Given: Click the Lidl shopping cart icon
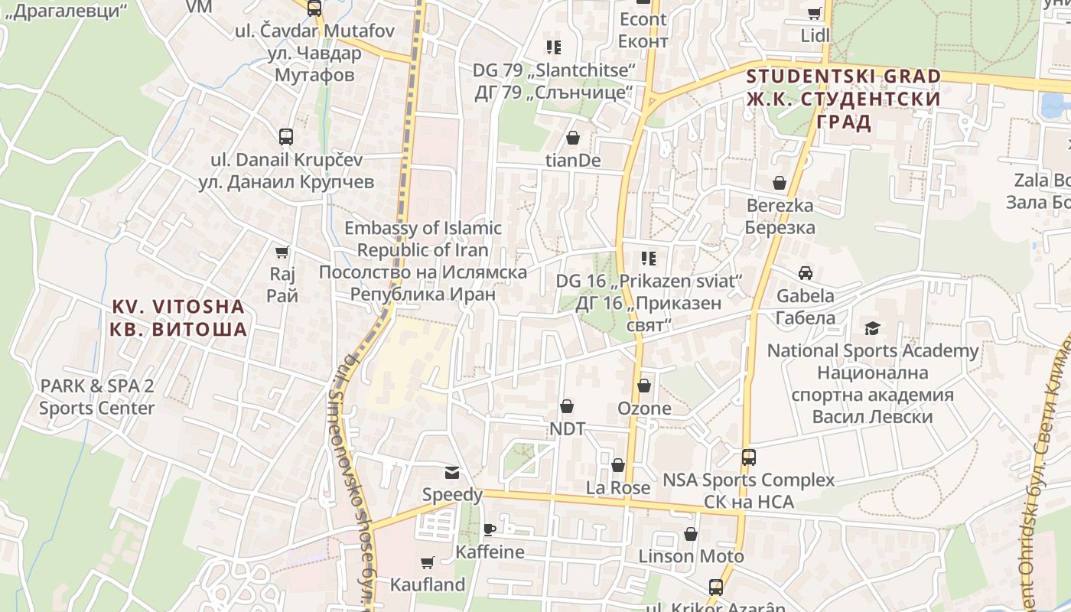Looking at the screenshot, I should pyautogui.click(x=815, y=13).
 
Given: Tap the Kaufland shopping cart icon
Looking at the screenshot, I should pyautogui.click(x=428, y=563).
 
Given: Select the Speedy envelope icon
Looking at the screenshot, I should pyautogui.click(x=453, y=473).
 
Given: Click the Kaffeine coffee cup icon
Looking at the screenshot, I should pyautogui.click(x=490, y=529).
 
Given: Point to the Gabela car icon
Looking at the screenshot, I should pyautogui.click(x=806, y=273).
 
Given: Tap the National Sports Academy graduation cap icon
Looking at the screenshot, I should pyautogui.click(x=872, y=329).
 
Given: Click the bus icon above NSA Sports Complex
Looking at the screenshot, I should pyautogui.click(x=748, y=457).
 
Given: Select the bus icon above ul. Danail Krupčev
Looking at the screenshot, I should pyautogui.click(x=286, y=137).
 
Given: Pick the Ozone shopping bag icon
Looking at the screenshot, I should pyautogui.click(x=644, y=386).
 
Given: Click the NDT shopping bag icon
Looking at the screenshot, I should pyautogui.click(x=567, y=406).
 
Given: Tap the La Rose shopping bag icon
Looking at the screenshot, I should pyautogui.click(x=618, y=465).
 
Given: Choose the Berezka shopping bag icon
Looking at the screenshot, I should pyautogui.click(x=780, y=183).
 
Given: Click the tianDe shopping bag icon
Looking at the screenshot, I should pyautogui.click(x=572, y=138).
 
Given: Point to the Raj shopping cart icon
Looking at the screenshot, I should pyautogui.click(x=282, y=252).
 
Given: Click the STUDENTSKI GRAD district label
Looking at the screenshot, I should pyautogui.click(x=843, y=99).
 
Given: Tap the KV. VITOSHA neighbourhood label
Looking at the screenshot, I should pyautogui.click(x=180, y=318).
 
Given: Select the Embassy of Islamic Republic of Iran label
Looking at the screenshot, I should pyautogui.click(x=423, y=261).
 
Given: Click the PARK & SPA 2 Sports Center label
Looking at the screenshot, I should pyautogui.click(x=97, y=396).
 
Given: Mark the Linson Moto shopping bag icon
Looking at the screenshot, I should pyautogui.click(x=691, y=534).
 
